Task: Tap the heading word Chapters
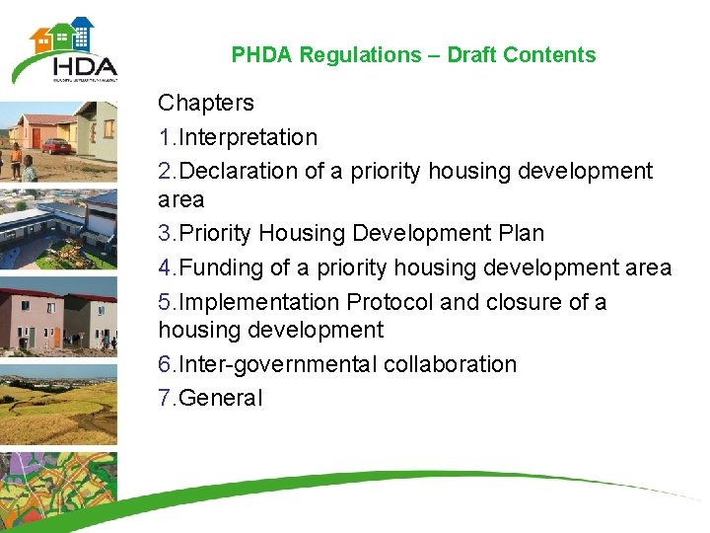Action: [206, 103]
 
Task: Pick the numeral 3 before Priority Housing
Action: [164, 234]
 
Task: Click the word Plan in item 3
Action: [521, 234]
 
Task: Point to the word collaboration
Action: [450, 364]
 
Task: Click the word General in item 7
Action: [222, 399]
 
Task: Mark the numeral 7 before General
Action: [164, 399]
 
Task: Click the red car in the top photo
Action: [56, 145]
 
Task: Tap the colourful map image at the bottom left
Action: [57, 490]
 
